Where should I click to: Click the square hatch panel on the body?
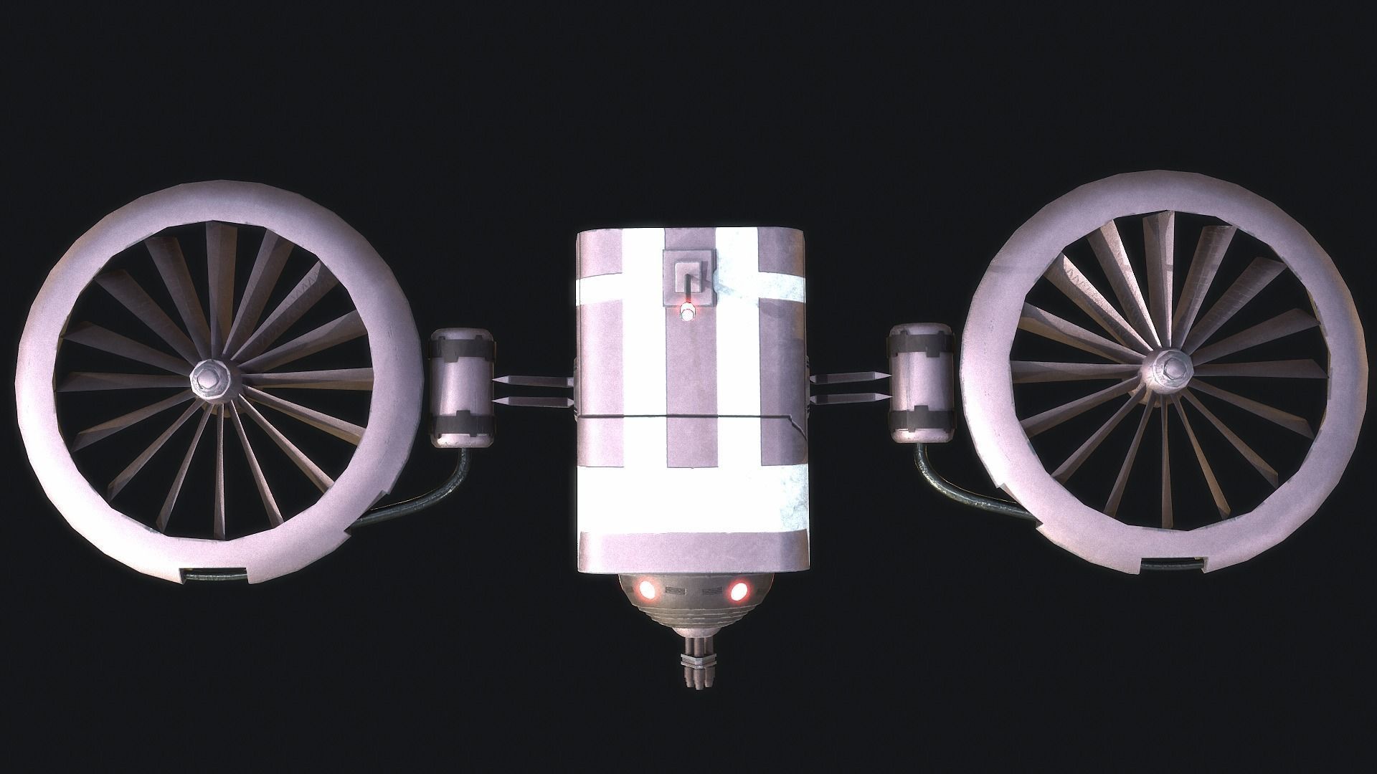(689, 277)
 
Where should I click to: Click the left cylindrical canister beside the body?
(461, 387)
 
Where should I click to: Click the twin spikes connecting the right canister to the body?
(850, 387)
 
